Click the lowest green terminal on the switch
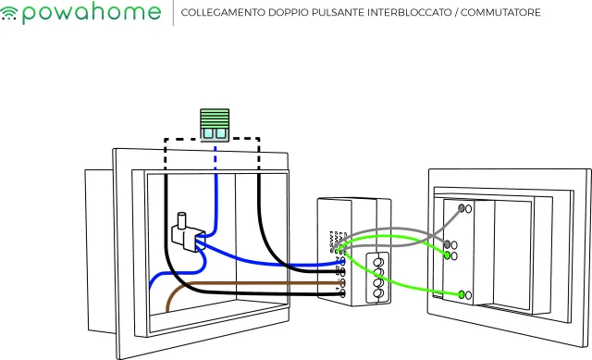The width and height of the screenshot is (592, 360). pos(462,294)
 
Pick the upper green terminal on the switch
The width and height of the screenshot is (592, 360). pos(448,254)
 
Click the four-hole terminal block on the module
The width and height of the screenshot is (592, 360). pos(377,276)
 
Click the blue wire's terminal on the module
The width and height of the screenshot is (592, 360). pos(343,262)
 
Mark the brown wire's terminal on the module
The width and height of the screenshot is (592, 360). pos(343,283)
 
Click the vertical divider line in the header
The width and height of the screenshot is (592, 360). pos(173,14)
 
